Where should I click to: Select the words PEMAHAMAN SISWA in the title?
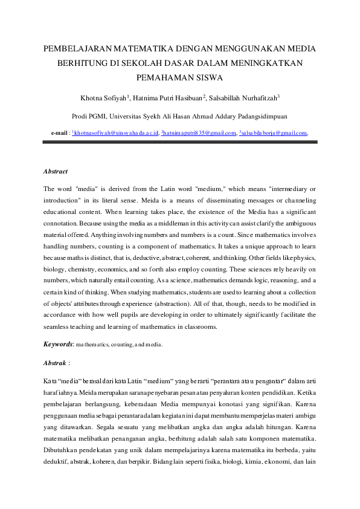pyautogui.click(x=180, y=77)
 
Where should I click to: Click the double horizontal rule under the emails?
pyautogui.click(x=180, y=142)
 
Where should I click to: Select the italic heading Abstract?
pyautogui.click(x=56, y=172)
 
